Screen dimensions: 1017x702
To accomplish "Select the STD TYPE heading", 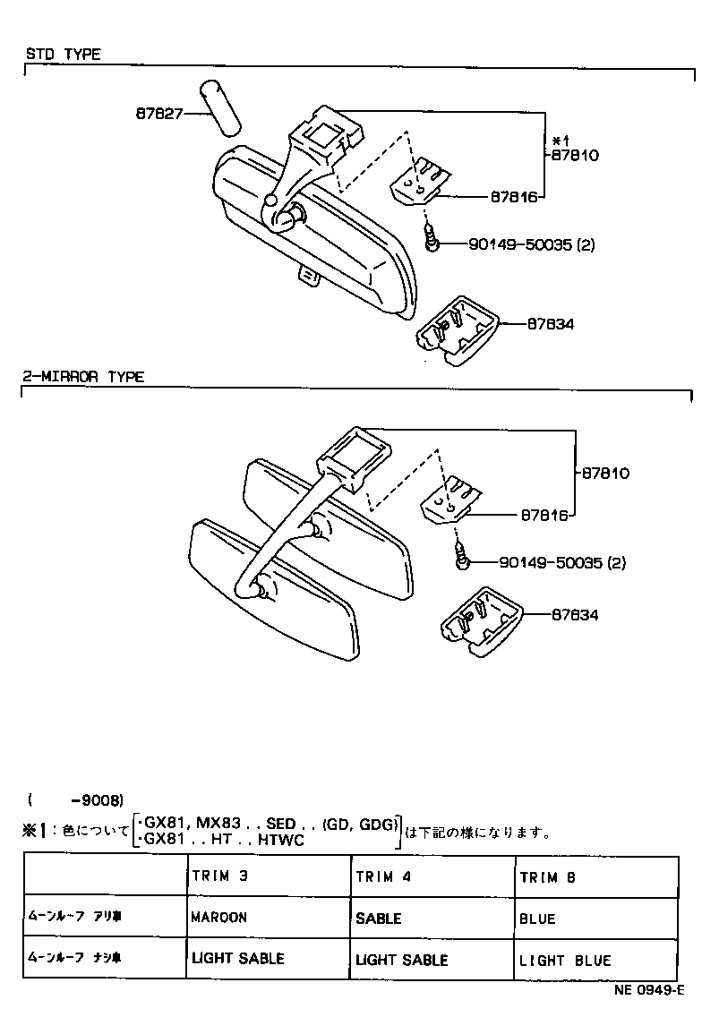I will pos(63,54).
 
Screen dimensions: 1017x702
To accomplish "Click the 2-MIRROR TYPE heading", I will pos(83,377).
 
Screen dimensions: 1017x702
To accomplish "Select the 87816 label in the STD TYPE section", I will pos(513,196).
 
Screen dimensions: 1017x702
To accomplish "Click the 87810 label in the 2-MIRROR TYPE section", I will pos(606,473).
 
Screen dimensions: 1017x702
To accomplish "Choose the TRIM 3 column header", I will pos(219,876).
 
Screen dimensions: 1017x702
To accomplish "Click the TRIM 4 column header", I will pos(383,877).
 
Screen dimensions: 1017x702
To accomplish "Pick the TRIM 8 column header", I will pos(547,877).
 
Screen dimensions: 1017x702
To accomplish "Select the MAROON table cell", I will pos(219,918).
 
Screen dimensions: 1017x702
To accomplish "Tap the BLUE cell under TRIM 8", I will pos(537,919).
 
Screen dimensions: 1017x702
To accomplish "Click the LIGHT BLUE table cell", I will pos(565,960).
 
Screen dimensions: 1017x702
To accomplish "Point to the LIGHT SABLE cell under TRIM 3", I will pos(237,958).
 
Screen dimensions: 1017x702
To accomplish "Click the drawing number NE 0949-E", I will pos(648,991).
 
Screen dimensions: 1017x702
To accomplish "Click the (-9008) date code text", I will pos(75,799).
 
